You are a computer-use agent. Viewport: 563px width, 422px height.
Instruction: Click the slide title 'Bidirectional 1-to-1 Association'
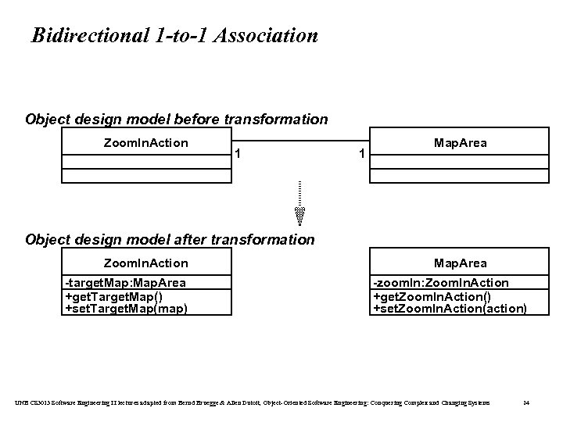(174, 36)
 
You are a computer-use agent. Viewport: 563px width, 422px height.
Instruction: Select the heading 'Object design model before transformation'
(177, 120)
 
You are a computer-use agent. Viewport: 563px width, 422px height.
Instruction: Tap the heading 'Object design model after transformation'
(170, 240)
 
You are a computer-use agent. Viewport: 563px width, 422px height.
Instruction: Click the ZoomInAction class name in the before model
(146, 142)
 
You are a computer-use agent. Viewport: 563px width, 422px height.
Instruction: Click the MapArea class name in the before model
(460, 142)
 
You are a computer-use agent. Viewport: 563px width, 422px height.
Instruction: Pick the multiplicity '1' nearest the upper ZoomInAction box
(238, 152)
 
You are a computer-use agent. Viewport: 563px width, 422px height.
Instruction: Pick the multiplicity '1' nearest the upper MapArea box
(360, 154)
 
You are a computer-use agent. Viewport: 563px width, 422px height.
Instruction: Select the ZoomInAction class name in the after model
(146, 263)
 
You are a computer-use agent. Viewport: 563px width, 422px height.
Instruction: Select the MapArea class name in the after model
(460, 263)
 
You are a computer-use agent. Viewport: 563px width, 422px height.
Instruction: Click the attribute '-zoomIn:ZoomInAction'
(440, 283)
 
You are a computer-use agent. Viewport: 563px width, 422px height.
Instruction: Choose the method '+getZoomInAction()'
(432, 295)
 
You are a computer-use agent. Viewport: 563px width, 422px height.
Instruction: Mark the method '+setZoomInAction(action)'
(450, 308)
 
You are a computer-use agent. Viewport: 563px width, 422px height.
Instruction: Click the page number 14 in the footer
(526, 402)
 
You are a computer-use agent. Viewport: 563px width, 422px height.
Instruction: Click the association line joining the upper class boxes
(299, 141)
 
